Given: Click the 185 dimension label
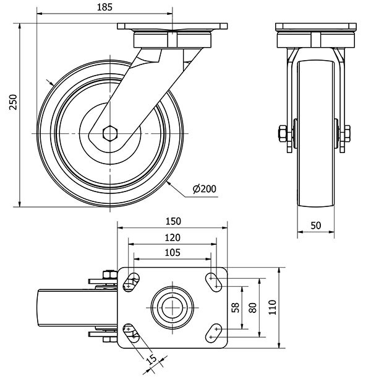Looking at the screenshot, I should coord(104,7).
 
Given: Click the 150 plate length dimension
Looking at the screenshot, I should coord(173,221).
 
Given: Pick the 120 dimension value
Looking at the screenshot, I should coord(173,237).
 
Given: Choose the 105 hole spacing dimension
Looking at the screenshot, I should coord(173,252).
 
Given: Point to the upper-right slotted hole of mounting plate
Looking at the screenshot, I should coord(214,281).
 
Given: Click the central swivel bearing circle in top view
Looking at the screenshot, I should coord(173,307).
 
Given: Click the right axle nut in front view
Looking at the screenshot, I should coord(346,134).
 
